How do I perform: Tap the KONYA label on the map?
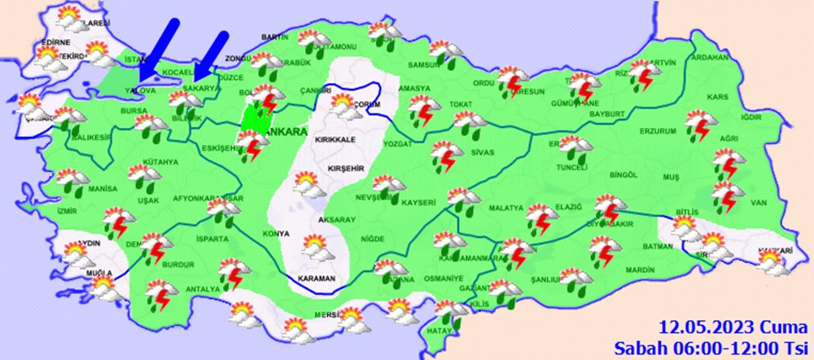click(277, 234)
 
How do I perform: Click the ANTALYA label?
click(202, 289)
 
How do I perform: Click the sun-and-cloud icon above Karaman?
click(317, 247)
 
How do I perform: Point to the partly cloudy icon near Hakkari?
click(769, 261)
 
